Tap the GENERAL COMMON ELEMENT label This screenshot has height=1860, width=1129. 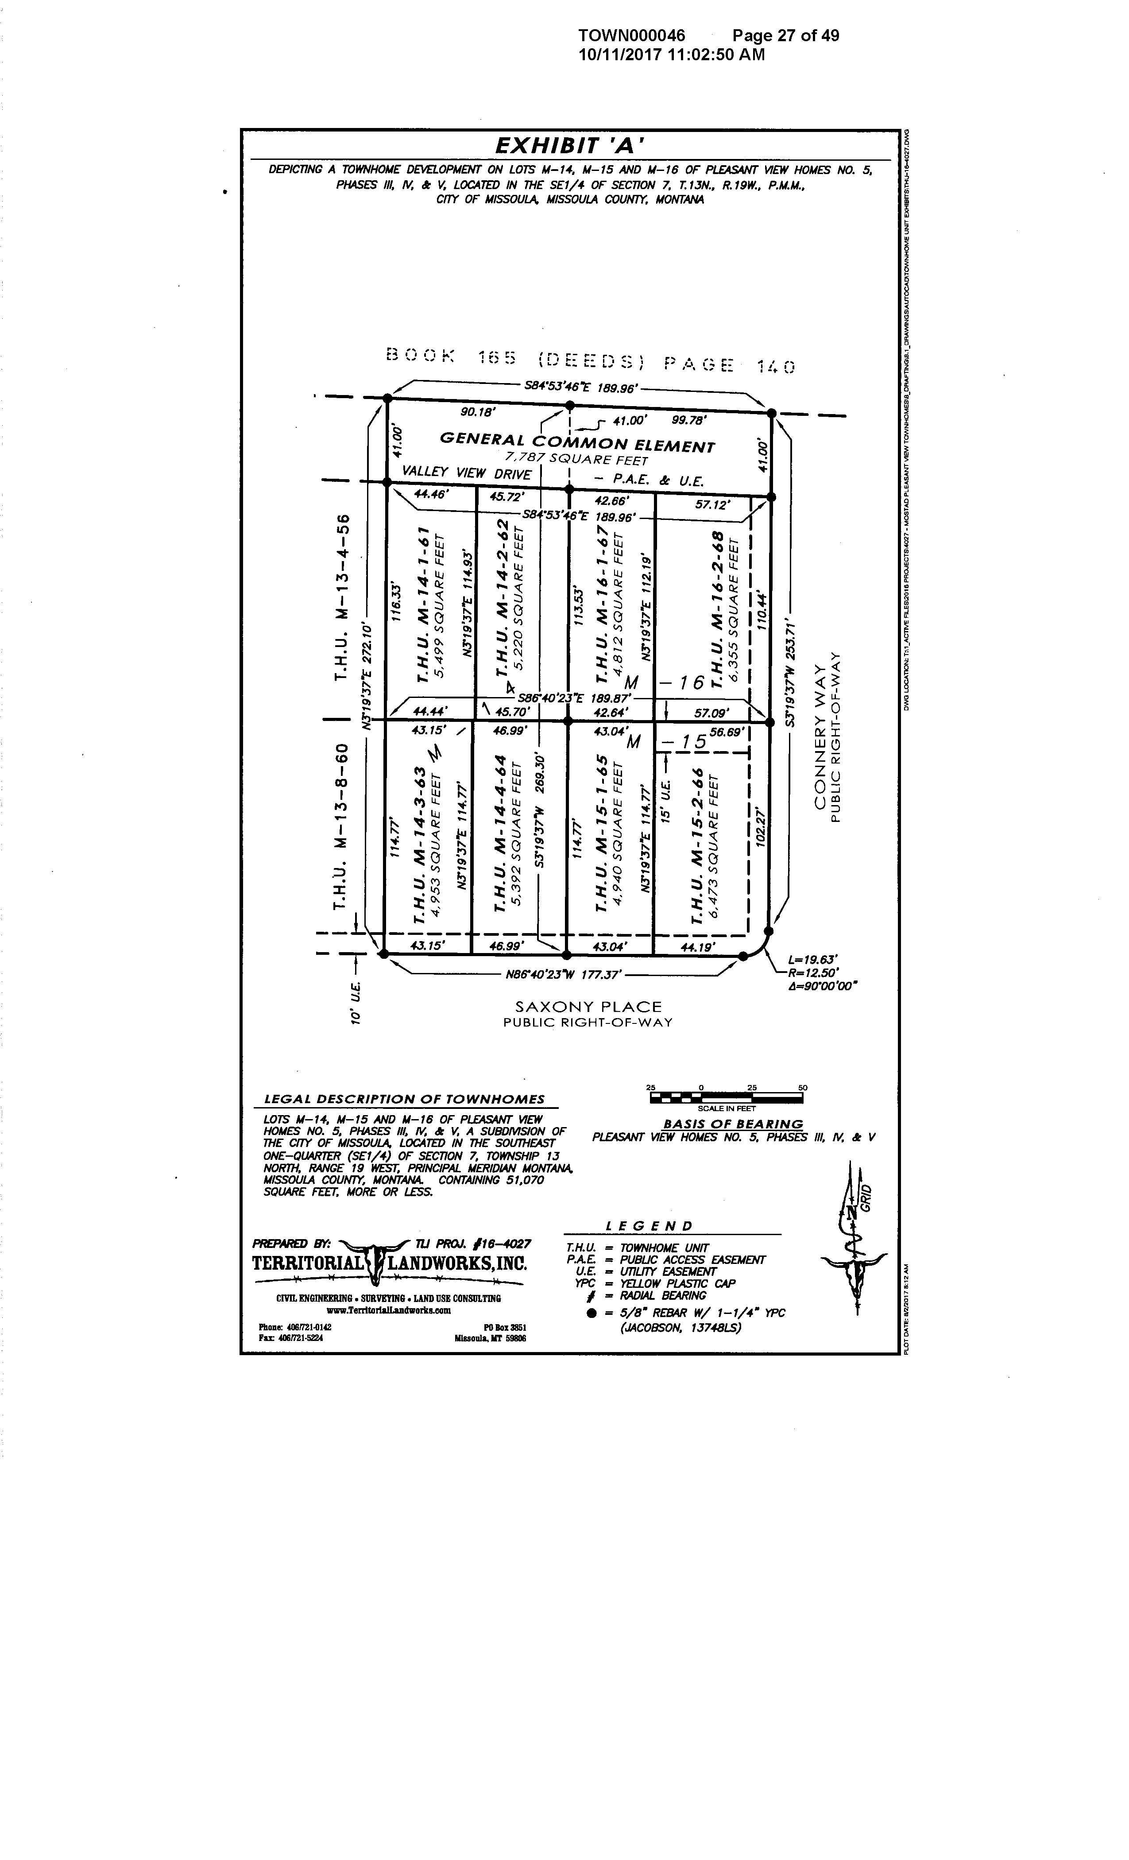click(577, 442)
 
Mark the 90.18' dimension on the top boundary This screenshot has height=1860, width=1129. click(477, 412)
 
